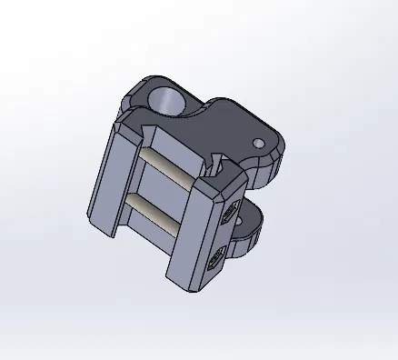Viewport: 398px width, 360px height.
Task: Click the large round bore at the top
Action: pyautogui.click(x=168, y=99)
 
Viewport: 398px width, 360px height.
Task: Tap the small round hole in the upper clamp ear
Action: pyautogui.click(x=259, y=143)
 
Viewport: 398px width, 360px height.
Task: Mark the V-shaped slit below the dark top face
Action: pyautogui.click(x=215, y=165)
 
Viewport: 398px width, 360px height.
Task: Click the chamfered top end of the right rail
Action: pyautogui.click(x=214, y=185)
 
